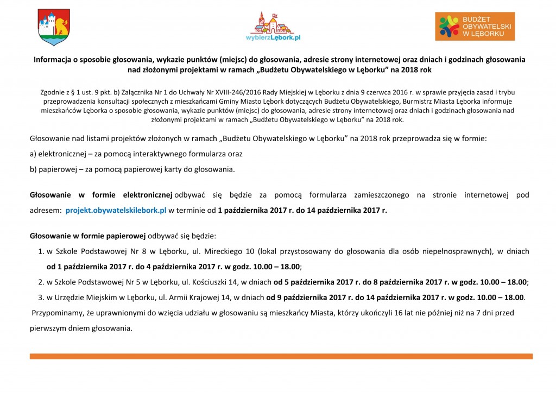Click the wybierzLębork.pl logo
tap(273, 27)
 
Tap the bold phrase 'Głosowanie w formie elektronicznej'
tap(100, 194)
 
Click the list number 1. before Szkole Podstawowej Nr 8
tap(41, 251)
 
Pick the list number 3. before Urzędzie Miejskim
tap(41, 297)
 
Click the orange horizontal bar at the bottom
tap(281, 357)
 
